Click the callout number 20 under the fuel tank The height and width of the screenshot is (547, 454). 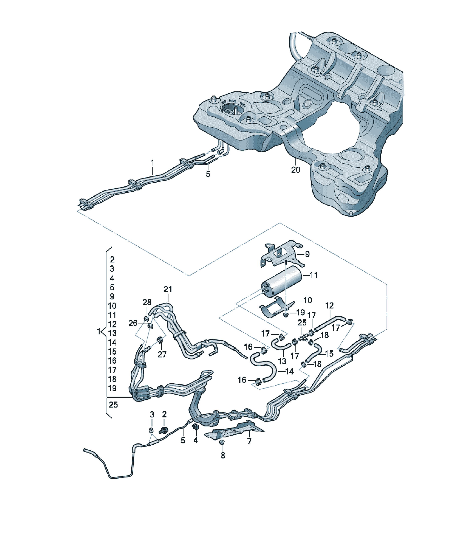[295, 170]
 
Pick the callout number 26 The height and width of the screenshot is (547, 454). [133, 323]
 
